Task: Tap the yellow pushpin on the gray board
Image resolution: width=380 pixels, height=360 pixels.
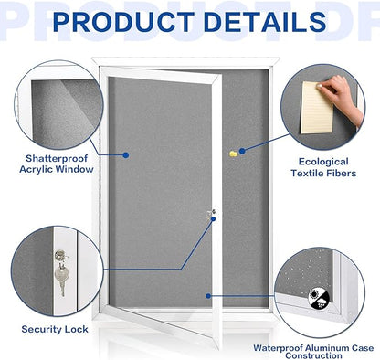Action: pos(242,152)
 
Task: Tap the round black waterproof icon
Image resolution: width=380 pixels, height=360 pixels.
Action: pos(316,293)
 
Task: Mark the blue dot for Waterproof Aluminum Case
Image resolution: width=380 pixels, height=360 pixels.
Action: pos(209,294)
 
